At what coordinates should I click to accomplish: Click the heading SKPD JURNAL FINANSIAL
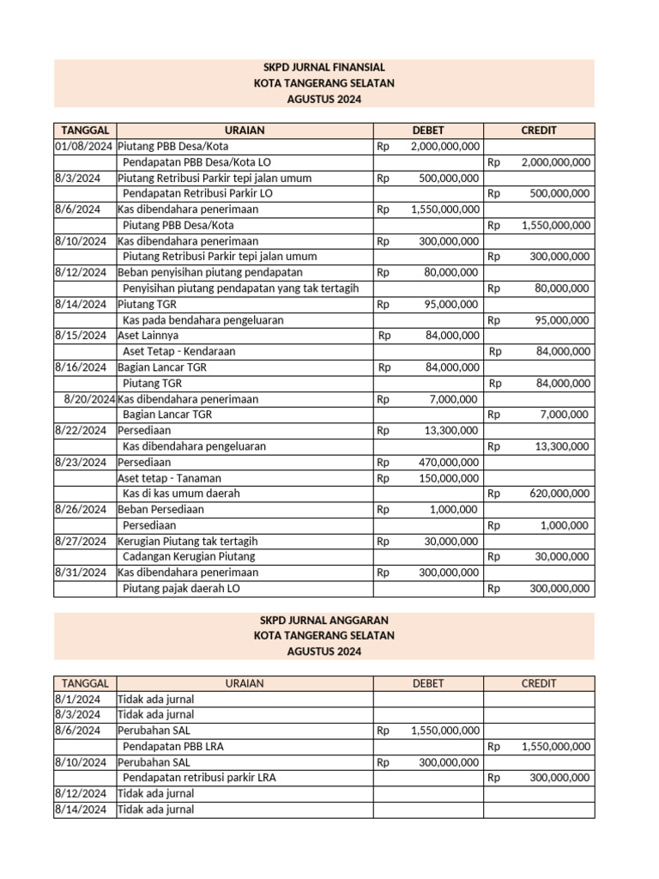323,67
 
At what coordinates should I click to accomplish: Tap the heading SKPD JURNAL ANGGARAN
323,620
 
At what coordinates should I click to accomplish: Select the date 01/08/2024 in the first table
84,147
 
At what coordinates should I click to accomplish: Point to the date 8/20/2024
89,399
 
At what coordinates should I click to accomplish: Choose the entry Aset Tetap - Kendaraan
179,351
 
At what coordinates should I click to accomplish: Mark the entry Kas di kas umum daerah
181,494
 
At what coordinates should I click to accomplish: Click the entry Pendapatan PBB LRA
173,747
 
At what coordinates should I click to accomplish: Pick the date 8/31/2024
81,573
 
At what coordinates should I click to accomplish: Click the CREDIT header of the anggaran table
538,683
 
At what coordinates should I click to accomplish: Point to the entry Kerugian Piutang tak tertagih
188,541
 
